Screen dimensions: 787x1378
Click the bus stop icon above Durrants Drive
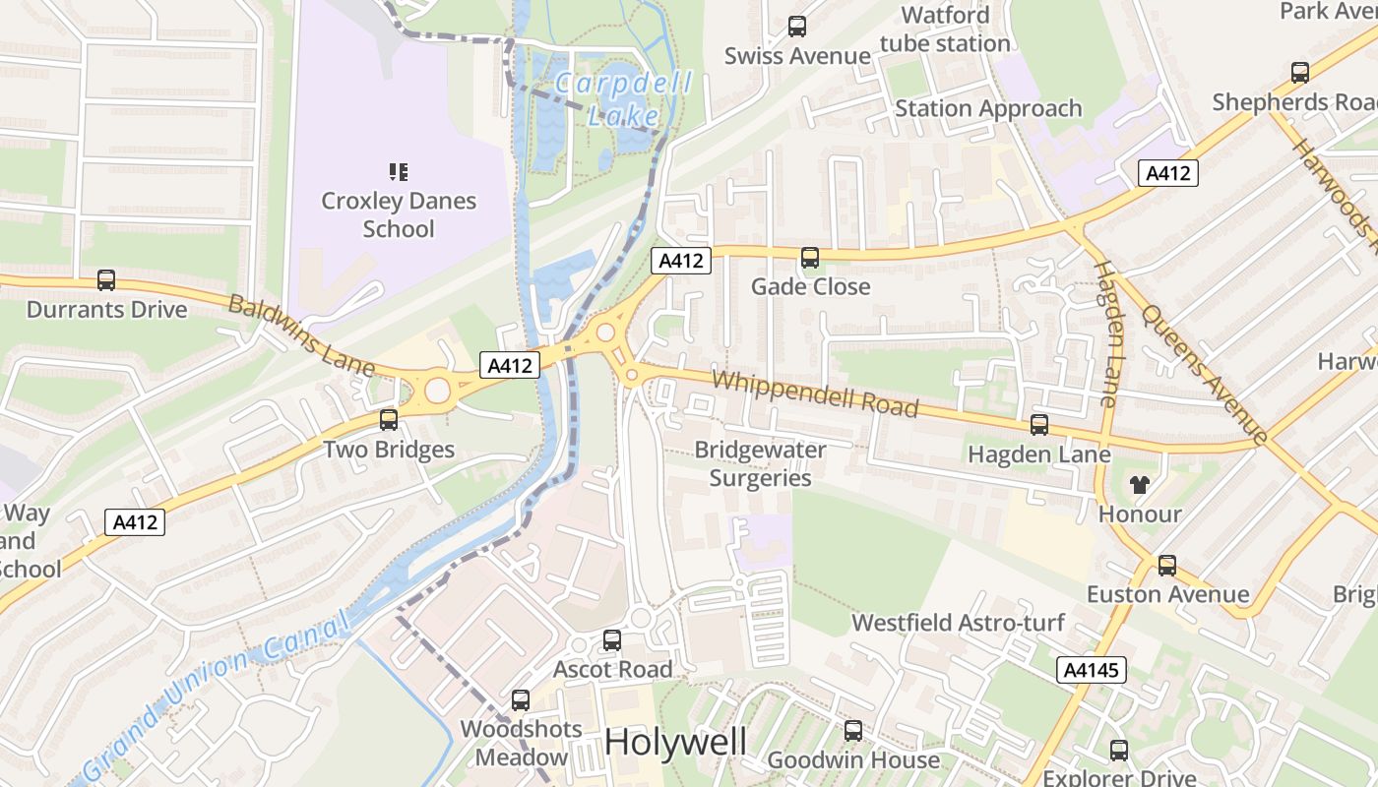pos(106,280)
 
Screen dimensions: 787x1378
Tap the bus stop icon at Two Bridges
pos(389,420)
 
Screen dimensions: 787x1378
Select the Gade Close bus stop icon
pos(810,258)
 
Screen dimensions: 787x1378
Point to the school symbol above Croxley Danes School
pos(399,172)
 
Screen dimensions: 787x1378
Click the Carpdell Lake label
pos(623,98)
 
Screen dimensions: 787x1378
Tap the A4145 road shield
pos(1092,671)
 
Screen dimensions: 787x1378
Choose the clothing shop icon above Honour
pos(1140,484)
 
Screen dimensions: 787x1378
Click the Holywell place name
pos(676,742)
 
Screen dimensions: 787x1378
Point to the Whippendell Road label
pos(815,393)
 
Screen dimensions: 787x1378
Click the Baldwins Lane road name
pos(302,334)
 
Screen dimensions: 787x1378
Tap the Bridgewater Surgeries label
pos(760,463)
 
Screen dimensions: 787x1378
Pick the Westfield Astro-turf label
pos(958,623)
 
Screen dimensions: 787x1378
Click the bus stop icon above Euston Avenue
pos(1167,566)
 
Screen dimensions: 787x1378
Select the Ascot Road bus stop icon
pos(612,640)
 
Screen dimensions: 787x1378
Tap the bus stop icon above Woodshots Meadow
pos(521,700)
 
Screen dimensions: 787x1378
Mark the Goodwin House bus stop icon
pos(853,731)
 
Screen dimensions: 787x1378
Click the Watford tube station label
pos(945,30)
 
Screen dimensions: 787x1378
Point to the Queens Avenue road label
pos(1204,372)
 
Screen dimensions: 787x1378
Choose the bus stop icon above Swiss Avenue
pos(797,27)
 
